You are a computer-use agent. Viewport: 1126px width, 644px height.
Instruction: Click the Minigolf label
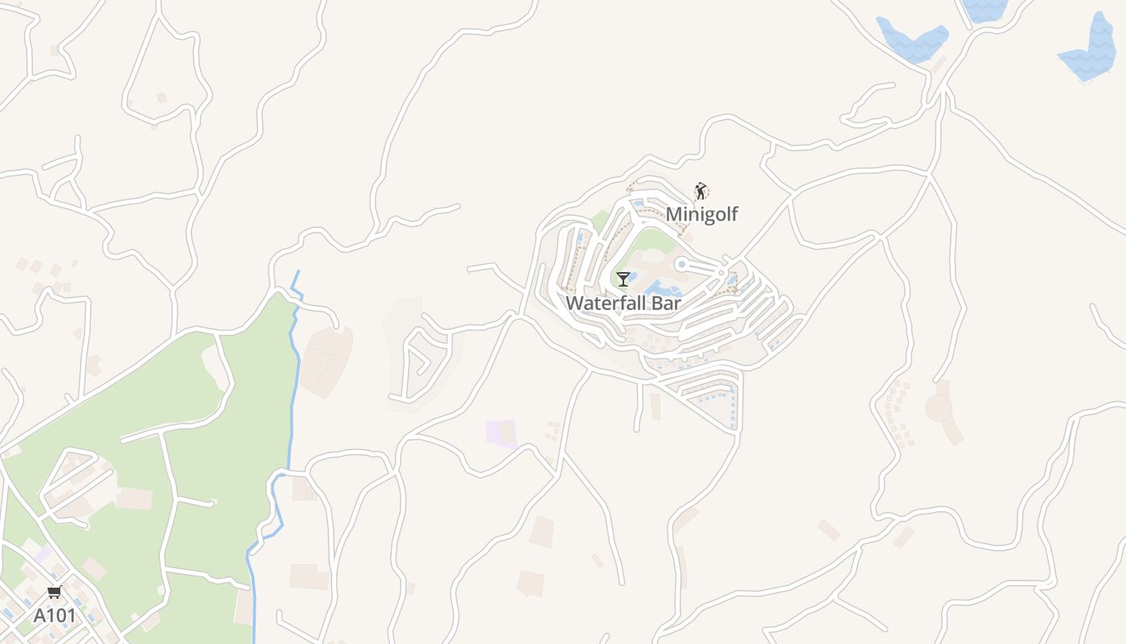[701, 214]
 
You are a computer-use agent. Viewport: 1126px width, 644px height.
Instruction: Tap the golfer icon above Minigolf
[701, 191]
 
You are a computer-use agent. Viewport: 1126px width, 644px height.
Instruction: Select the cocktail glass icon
[623, 279]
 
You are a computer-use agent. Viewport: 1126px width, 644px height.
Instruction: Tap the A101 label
[55, 616]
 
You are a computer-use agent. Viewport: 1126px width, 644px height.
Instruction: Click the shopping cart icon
[55, 592]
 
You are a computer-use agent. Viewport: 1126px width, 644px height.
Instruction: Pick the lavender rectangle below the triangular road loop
[501, 433]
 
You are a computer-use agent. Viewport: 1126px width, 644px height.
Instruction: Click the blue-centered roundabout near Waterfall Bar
[681, 264]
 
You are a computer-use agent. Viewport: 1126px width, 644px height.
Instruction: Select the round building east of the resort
[939, 408]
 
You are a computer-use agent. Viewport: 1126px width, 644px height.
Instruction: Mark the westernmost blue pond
[911, 39]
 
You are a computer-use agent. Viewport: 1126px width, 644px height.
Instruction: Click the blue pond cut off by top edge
[984, 8]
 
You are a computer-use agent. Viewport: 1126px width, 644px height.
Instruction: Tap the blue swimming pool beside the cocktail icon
[661, 287]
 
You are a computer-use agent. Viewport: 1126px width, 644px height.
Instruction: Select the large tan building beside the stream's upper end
[326, 361]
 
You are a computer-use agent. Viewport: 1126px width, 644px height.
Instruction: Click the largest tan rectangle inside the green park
[134, 499]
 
